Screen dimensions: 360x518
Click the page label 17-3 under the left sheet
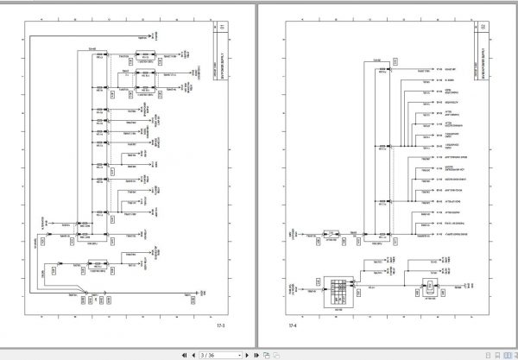click(222, 325)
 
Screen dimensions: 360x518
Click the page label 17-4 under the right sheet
click(294, 325)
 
